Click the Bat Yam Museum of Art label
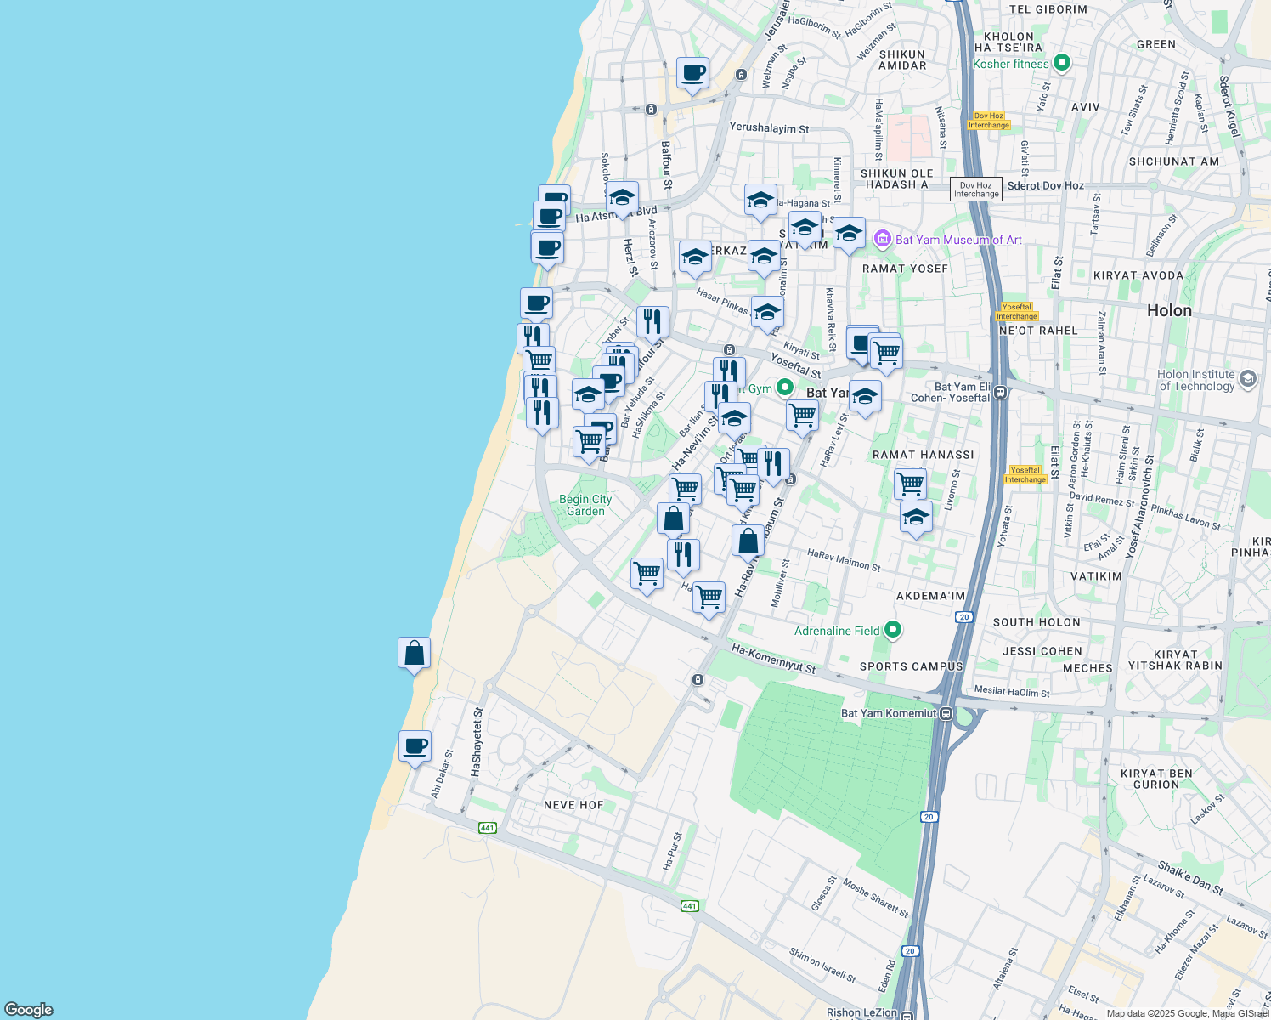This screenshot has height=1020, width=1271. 958,241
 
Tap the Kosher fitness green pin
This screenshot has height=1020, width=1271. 1061,63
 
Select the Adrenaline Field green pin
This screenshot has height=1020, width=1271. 892,630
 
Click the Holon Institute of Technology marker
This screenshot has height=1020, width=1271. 1247,379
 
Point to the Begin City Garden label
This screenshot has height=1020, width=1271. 585,505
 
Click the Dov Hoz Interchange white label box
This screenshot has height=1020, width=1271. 975,190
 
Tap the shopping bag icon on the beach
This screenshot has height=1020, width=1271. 414,654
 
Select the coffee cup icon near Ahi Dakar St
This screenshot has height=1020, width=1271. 415,747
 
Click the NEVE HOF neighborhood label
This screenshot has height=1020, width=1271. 573,805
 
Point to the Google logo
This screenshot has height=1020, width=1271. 29,1010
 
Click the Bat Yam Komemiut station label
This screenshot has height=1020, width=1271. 889,713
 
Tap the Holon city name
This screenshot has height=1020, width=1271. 1169,311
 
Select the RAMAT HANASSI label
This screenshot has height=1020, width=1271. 923,455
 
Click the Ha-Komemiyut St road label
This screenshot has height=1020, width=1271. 773,660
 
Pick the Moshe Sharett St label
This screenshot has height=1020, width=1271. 875,898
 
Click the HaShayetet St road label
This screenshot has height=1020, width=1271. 477,741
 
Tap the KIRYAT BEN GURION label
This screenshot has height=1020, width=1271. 1156,779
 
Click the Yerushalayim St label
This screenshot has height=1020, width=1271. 769,128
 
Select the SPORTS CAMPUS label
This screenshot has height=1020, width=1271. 911,666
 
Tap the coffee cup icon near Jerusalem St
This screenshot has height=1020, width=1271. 692,73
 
